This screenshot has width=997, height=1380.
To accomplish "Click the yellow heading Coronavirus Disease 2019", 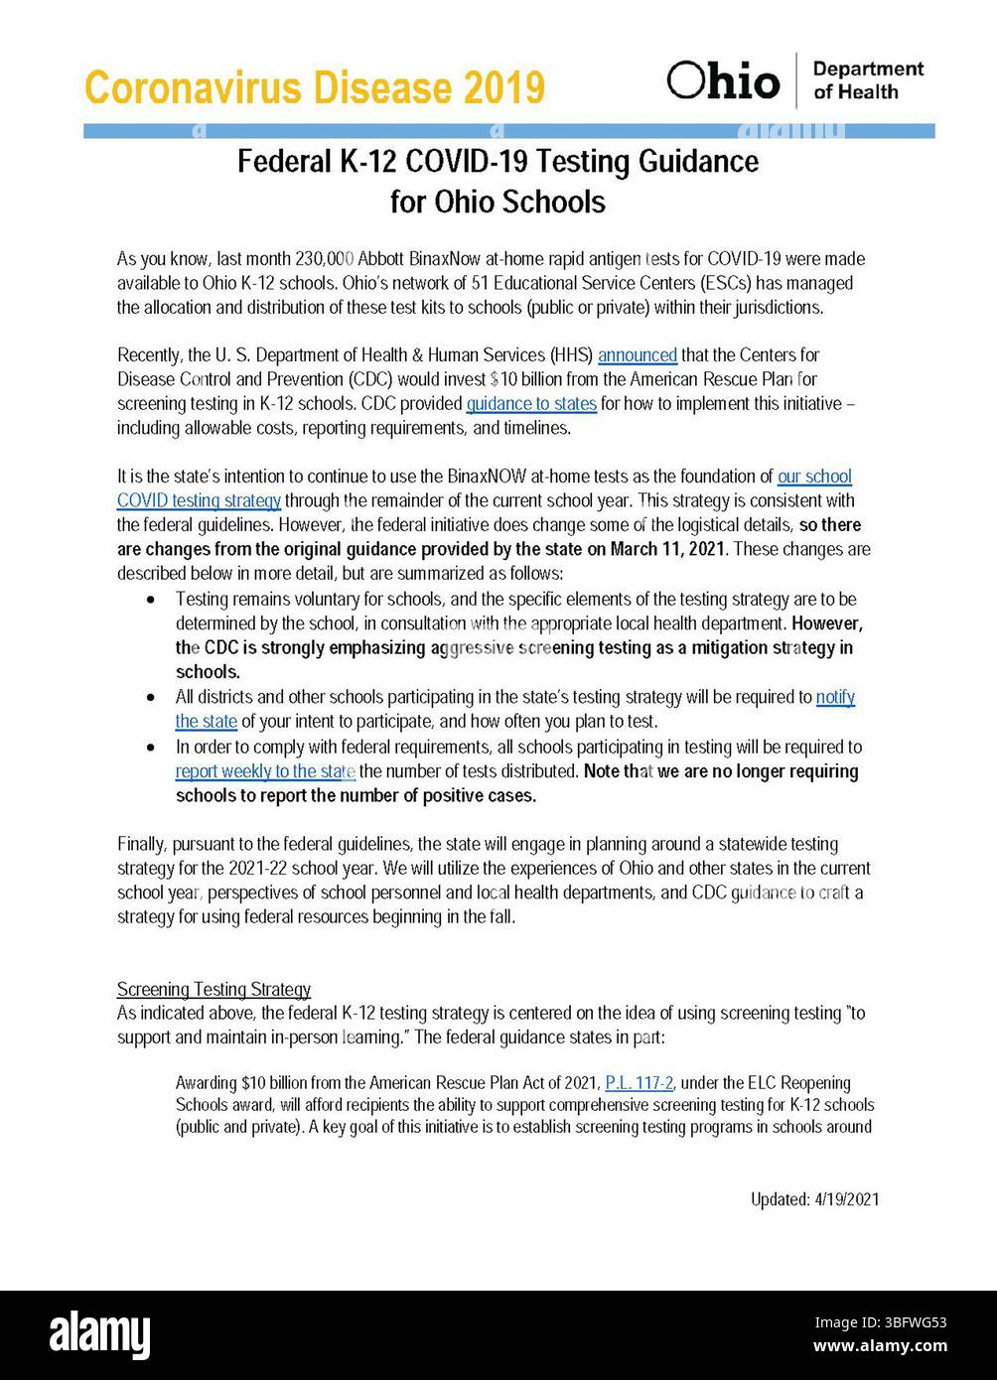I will click(315, 88).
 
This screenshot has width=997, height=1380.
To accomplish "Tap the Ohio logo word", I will click(723, 80).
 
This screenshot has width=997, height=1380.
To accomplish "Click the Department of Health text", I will click(867, 80).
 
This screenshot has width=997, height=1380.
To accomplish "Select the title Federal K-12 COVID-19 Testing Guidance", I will click(498, 161).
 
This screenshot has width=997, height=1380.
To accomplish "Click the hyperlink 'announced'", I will click(638, 354).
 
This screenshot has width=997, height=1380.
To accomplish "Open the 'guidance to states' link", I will click(531, 403).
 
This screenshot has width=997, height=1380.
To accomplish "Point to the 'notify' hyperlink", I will click(835, 697).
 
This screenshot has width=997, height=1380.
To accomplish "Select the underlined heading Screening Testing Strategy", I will click(214, 989).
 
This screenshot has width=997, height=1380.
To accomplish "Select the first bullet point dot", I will click(150, 601).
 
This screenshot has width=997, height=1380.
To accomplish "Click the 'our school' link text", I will click(814, 477).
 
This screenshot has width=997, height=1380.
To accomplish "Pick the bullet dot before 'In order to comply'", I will click(150, 747).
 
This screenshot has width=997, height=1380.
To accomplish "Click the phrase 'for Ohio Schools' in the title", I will click(498, 202).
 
